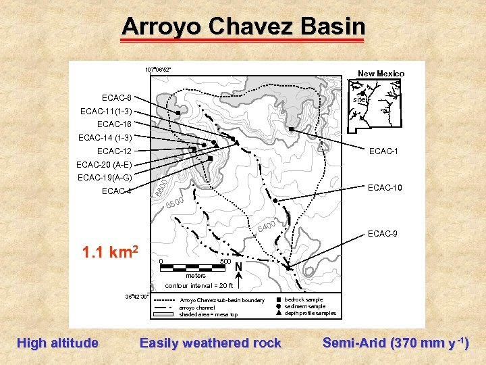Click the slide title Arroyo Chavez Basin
click(243, 27)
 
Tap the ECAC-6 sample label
click(117, 98)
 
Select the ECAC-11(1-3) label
click(106, 111)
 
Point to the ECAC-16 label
click(114, 124)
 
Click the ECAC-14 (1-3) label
click(105, 137)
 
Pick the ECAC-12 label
click(114, 151)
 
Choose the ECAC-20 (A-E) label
click(105, 164)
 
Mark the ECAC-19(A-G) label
click(105, 178)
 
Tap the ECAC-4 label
click(117, 191)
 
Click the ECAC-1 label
click(383, 151)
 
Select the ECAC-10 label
click(385, 187)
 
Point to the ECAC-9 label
click(383, 234)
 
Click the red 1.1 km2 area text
click(110, 253)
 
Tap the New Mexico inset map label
click(381, 74)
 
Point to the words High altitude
click(57, 343)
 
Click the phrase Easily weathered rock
click(210, 343)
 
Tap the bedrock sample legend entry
click(304, 299)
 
